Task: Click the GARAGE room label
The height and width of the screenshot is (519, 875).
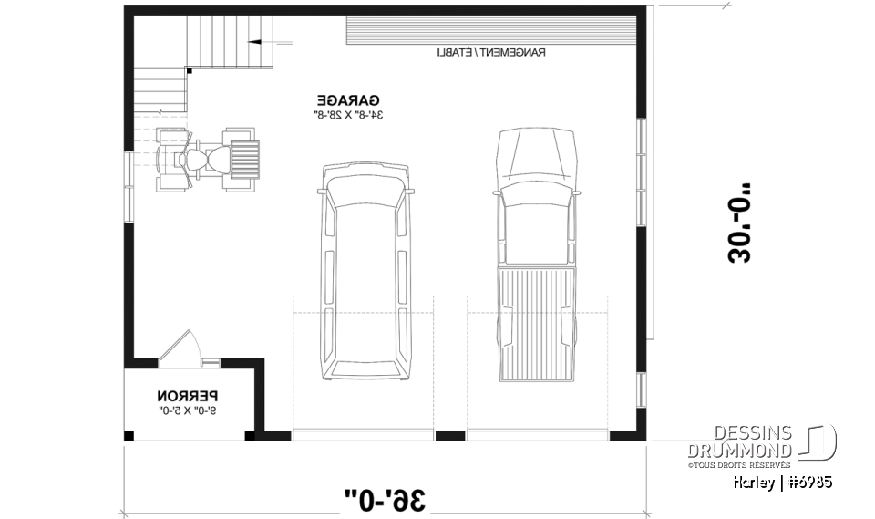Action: [x=348, y=99]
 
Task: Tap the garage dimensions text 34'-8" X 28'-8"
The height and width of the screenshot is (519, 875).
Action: [x=348, y=115]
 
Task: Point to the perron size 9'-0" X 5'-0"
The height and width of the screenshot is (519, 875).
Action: [x=188, y=412]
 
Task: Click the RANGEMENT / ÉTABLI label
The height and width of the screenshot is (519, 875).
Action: [x=490, y=53]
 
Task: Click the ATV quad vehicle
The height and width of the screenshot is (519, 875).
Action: [x=209, y=159]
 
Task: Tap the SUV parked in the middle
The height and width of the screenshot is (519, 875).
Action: [x=364, y=272]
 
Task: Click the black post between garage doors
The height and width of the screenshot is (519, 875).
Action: [x=450, y=435]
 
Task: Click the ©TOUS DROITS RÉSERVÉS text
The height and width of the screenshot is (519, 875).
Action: [x=739, y=464]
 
